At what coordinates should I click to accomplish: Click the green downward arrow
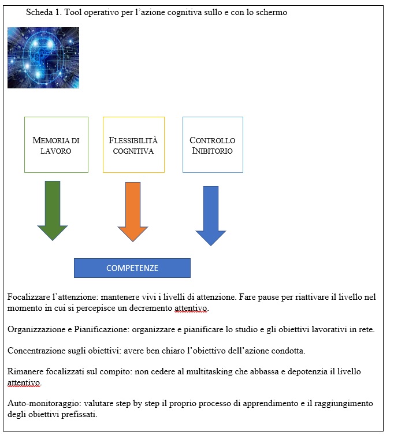tap(53, 210)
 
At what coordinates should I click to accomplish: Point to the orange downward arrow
tap(133, 211)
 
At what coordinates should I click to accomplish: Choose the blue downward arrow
tap(211, 216)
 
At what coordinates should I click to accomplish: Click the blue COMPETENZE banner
tap(132, 268)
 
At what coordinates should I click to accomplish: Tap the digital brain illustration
tap(43, 58)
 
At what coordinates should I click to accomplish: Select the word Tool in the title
tap(73, 12)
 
